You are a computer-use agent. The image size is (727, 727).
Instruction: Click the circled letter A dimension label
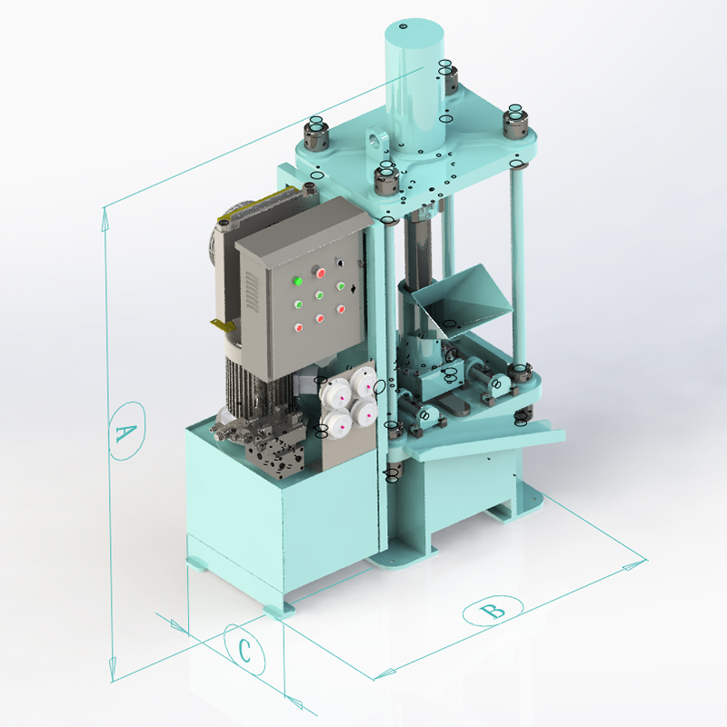tap(126, 431)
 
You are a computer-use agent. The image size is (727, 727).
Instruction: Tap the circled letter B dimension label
tap(493, 611)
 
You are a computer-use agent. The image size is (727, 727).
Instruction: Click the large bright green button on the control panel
tap(297, 281)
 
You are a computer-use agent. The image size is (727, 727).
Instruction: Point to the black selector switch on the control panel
tap(340, 263)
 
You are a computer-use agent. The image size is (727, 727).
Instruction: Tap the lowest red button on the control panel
tap(299, 328)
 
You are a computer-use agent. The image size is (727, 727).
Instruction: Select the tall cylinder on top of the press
tap(414, 88)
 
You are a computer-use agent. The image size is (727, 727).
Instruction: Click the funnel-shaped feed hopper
tap(462, 299)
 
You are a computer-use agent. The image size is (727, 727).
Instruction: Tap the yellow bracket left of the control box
tap(223, 325)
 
